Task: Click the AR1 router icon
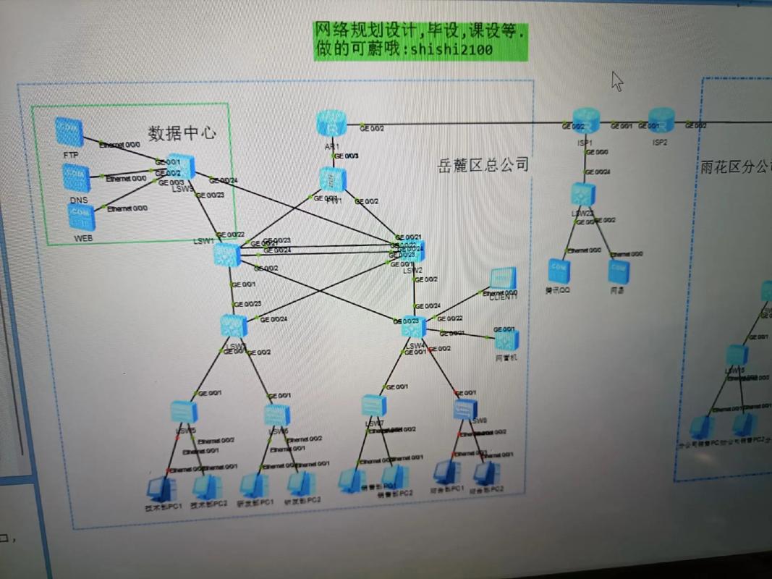coord(331,124)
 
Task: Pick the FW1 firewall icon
coord(333,179)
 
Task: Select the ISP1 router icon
coord(586,120)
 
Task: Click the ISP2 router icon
coord(661,120)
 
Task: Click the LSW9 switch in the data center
coord(182,169)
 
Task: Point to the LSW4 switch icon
coord(415,328)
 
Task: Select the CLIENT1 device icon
coord(503,279)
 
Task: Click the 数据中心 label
coord(182,132)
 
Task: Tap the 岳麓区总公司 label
coord(483,165)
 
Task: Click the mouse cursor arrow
coord(616,80)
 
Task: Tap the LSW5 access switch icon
coord(184,412)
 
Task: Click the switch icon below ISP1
coord(582,194)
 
